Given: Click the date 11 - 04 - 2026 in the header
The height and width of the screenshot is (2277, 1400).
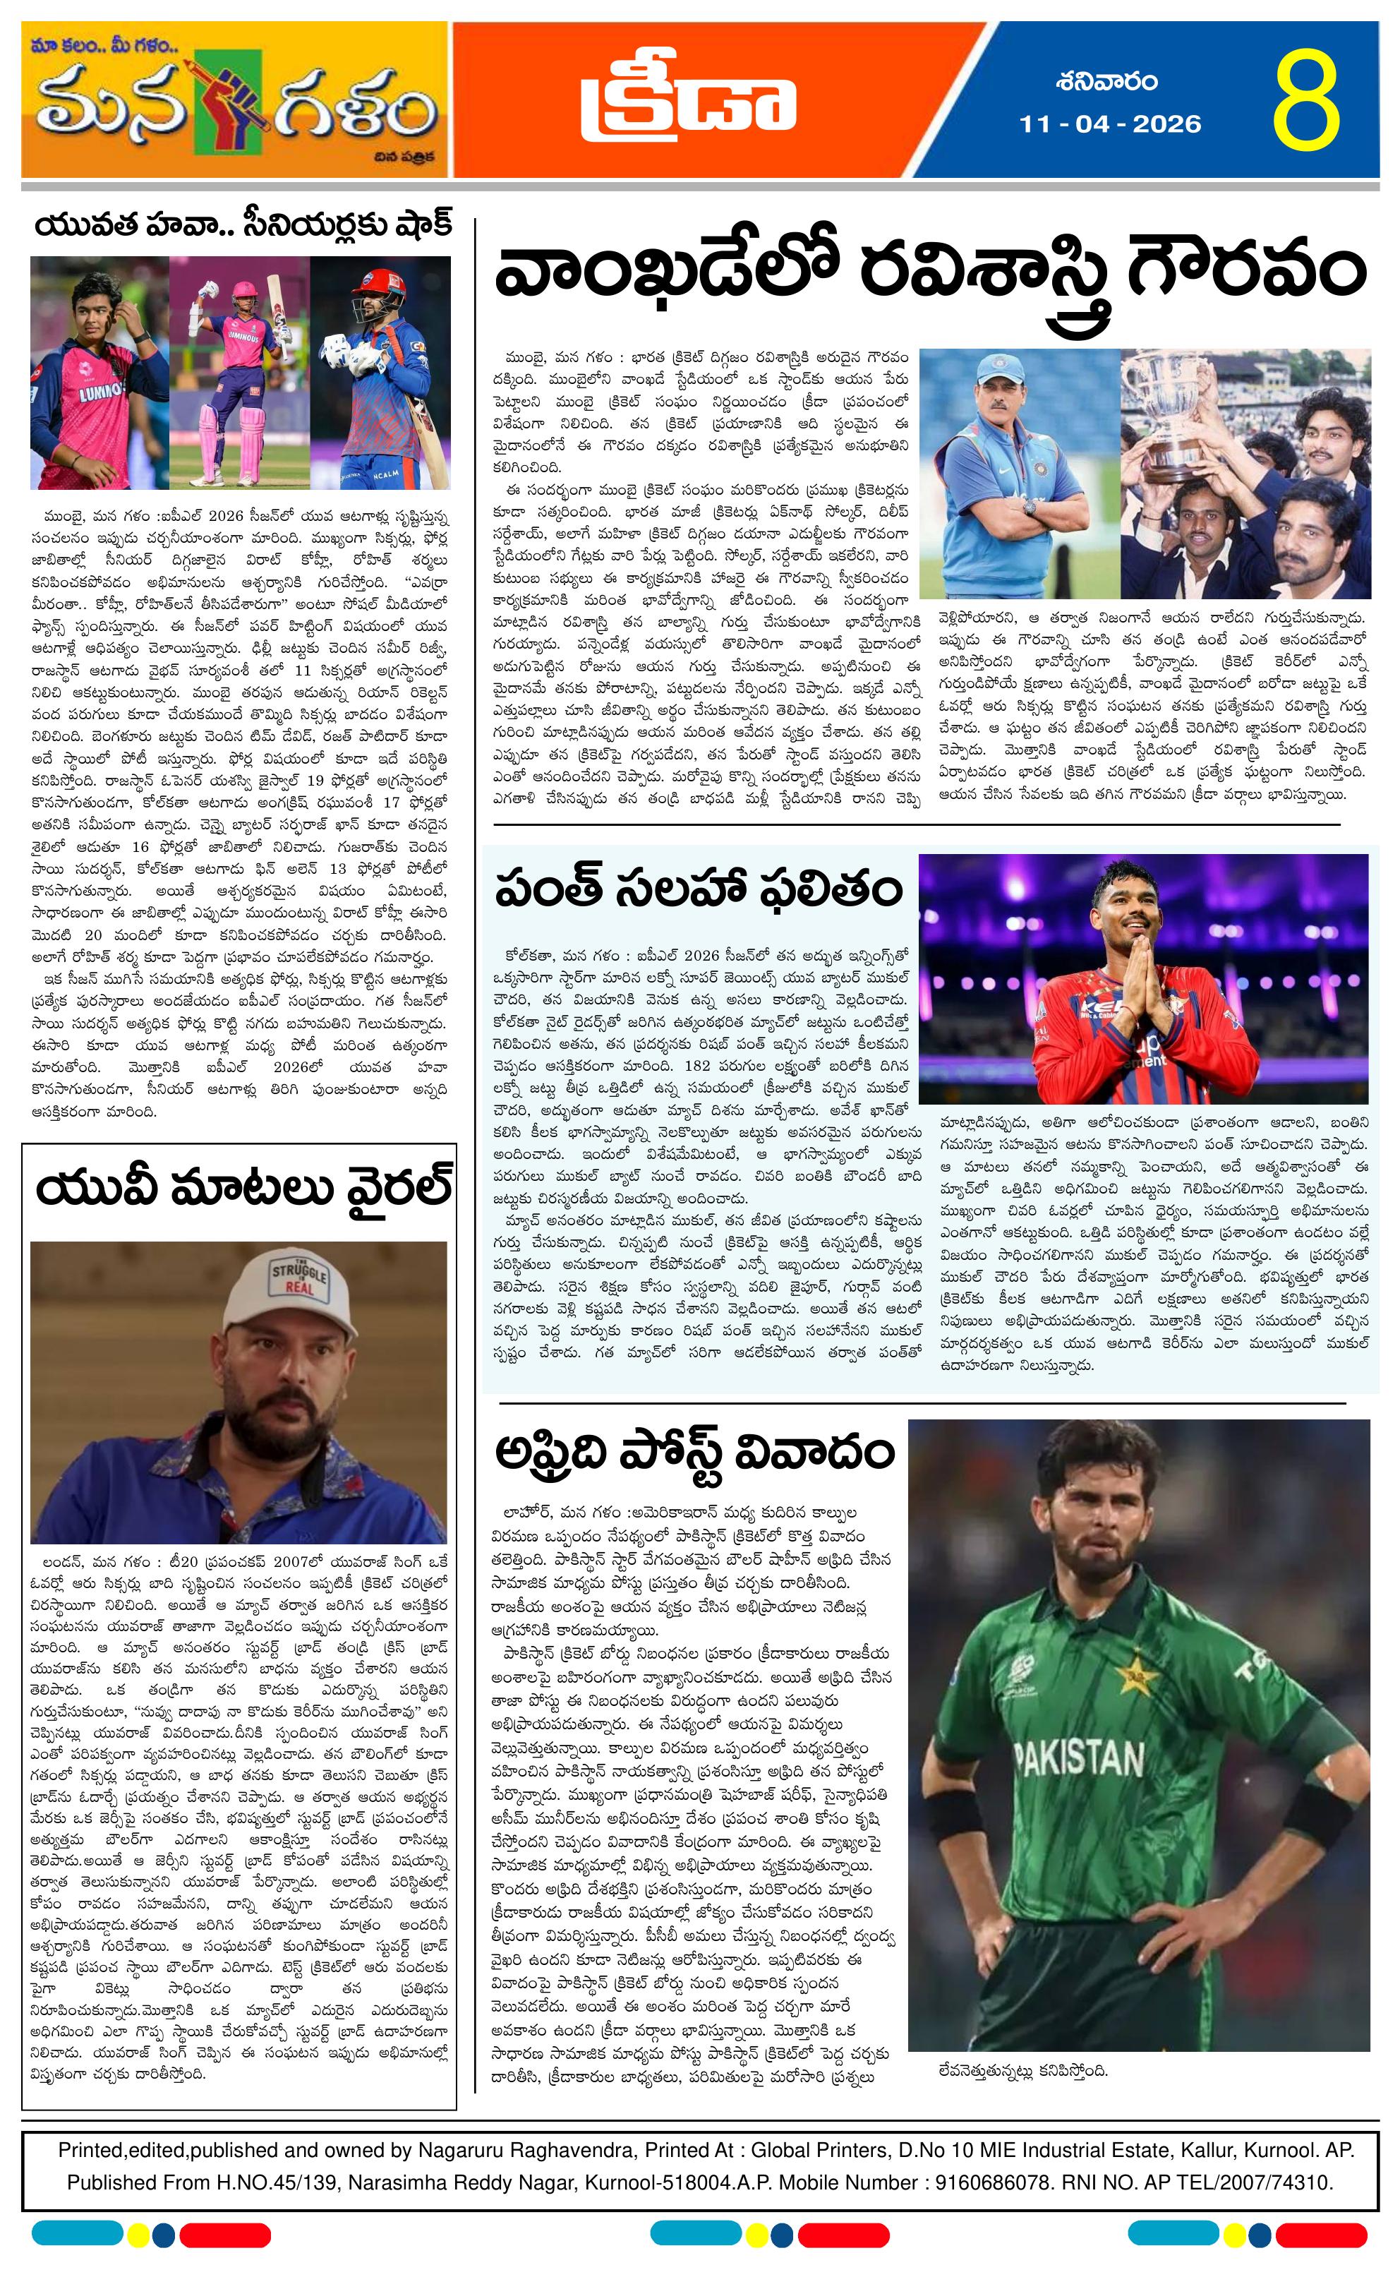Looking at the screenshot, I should pos(1109,124).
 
